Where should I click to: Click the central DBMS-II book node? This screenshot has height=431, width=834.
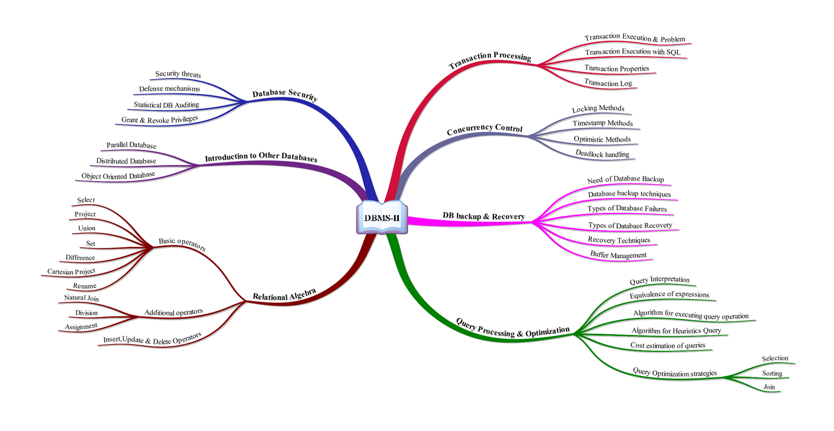click(x=382, y=218)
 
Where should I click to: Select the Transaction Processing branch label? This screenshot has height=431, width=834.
click(x=490, y=59)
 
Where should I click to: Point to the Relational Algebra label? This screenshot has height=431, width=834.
click(x=284, y=295)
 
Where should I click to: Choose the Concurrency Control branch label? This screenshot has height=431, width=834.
click(x=484, y=129)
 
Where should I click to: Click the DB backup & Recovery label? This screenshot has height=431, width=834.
click(x=484, y=216)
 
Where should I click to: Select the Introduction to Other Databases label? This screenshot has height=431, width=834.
click(x=261, y=157)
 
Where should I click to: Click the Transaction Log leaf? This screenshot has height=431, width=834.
click(x=608, y=83)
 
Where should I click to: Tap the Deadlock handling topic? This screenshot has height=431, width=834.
click(x=602, y=154)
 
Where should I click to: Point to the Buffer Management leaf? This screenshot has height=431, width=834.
click(x=618, y=255)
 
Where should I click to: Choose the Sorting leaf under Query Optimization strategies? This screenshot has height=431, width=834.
click(x=772, y=373)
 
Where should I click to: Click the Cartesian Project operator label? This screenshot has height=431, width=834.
click(x=71, y=271)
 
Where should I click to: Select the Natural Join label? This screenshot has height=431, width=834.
click(x=81, y=298)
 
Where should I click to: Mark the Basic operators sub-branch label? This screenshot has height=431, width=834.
click(x=182, y=244)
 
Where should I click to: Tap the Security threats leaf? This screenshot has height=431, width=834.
click(x=178, y=74)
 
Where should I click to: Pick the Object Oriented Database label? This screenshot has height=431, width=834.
click(x=118, y=176)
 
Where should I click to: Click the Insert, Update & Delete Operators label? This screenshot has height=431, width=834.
click(x=152, y=339)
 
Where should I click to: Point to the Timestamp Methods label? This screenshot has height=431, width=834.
click(x=603, y=123)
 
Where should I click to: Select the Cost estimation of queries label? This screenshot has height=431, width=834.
click(x=668, y=345)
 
